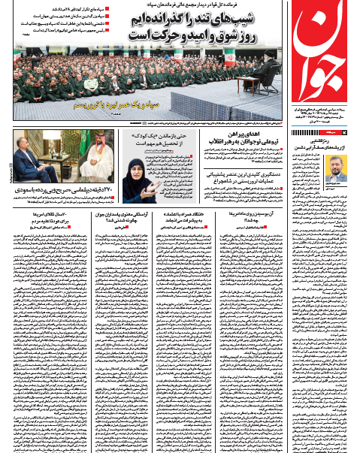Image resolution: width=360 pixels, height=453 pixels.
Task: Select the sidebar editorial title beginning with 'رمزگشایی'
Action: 331,138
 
